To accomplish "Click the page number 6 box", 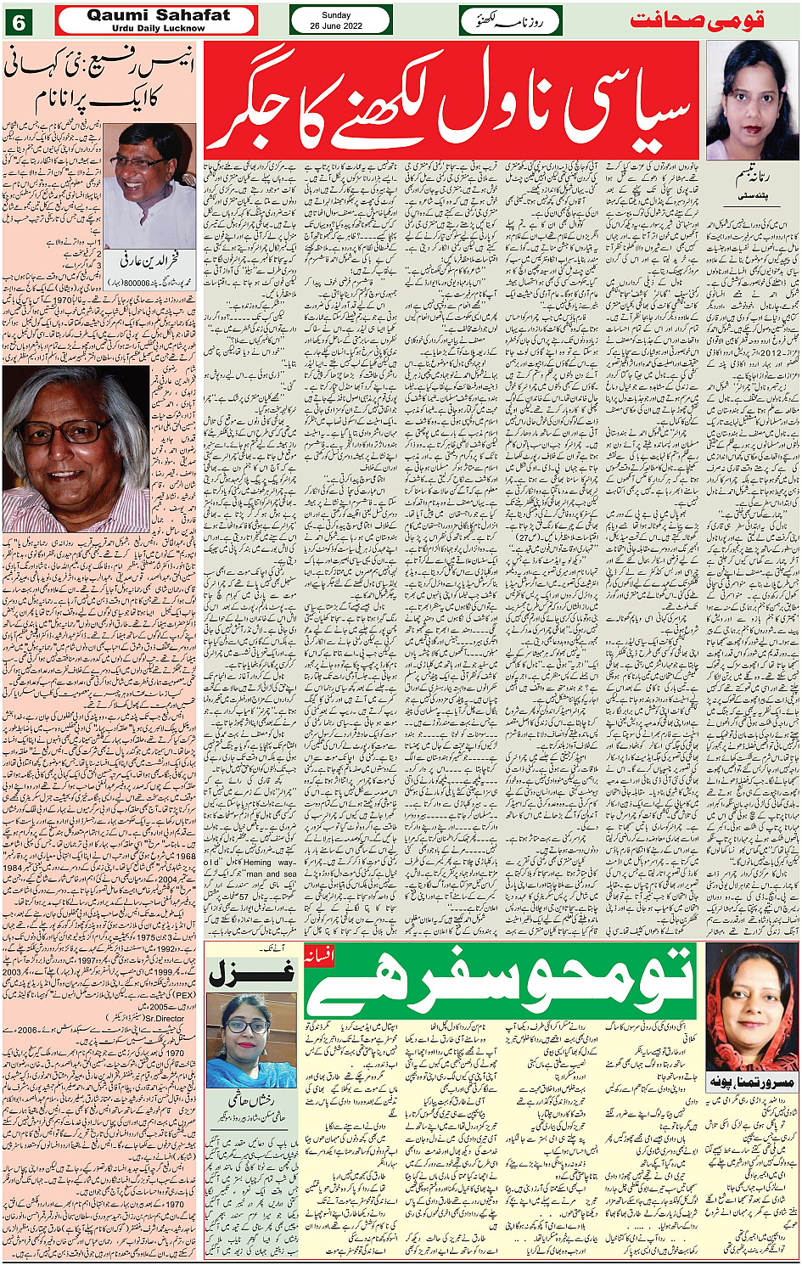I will click(19, 20).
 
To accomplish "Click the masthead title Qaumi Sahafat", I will click(158, 14).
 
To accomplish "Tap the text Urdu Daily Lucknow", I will click(158, 28).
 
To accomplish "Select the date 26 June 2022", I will click(341, 25).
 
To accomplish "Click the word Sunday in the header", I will click(341, 15).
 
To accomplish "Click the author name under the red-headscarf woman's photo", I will click(750, 1084).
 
